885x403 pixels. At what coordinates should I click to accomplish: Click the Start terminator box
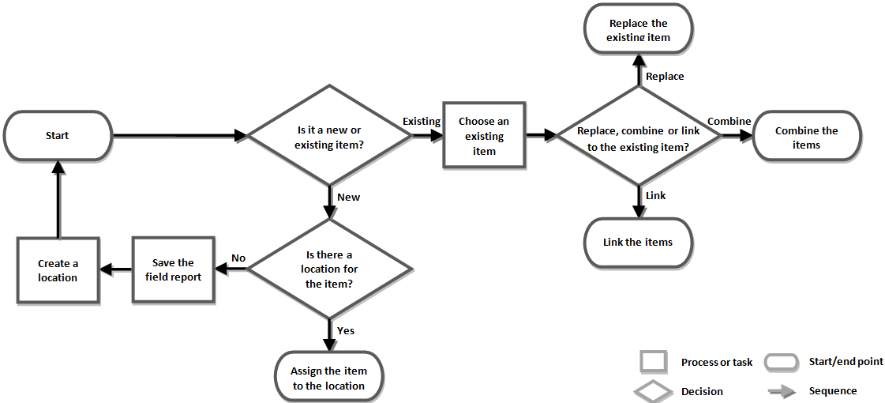coord(58,136)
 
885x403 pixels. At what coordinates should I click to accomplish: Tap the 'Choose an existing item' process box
coord(484,136)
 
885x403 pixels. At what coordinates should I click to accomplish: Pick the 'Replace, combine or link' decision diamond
coord(639,136)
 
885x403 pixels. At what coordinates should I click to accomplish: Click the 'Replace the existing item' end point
coord(638,30)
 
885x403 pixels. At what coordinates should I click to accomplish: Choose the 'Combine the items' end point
coord(806,137)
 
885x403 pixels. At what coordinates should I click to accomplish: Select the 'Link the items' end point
coord(638,242)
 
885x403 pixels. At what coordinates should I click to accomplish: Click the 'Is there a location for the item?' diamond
coord(330,269)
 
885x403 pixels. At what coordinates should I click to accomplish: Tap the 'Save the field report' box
coord(173,269)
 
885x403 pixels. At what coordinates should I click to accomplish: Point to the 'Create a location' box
coord(58,270)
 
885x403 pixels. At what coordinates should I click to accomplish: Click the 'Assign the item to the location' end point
coord(328,378)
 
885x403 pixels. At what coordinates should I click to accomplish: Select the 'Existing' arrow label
coord(422,122)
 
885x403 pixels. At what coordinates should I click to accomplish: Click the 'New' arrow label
coord(348,197)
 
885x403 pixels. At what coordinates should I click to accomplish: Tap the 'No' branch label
coord(238,258)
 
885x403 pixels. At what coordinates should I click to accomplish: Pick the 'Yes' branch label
coord(346,330)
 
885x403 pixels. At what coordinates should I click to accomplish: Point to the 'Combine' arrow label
coord(729,122)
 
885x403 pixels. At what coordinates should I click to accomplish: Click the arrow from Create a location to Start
coord(58,198)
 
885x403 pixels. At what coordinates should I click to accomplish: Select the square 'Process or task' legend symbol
coord(654,362)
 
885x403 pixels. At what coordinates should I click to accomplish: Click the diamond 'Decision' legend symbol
coord(654,391)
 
